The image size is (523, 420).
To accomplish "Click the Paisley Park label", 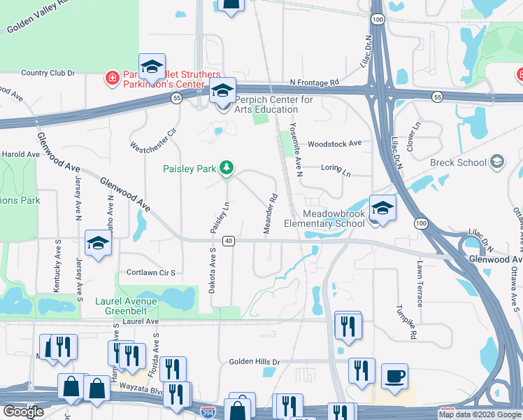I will (189, 169).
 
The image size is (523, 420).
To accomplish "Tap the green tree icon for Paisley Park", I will (226, 168).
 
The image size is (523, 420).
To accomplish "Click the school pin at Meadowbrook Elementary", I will (382, 208).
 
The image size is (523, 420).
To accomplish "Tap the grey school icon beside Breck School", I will (497, 162).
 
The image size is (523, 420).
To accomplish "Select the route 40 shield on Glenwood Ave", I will (228, 241).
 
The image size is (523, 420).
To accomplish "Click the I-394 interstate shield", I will (208, 412).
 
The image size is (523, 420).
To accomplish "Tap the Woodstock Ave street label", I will (334, 143).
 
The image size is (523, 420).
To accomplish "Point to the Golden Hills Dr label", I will (255, 362).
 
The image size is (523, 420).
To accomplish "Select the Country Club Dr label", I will (48, 72).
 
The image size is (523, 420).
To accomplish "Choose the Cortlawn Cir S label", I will (150, 272).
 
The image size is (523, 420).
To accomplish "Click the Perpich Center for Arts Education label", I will (266, 104).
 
